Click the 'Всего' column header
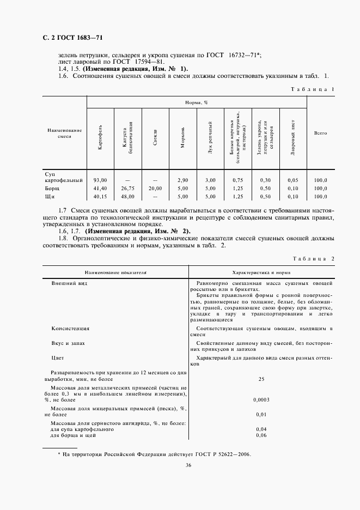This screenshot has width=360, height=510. pos(320,133)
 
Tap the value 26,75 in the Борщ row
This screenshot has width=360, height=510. pos(127,187)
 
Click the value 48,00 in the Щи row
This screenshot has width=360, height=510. pos(127,196)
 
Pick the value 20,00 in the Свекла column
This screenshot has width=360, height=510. pos(155,187)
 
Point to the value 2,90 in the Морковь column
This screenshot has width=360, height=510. pos(182,179)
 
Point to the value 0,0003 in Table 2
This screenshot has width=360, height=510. pos(261,400)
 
